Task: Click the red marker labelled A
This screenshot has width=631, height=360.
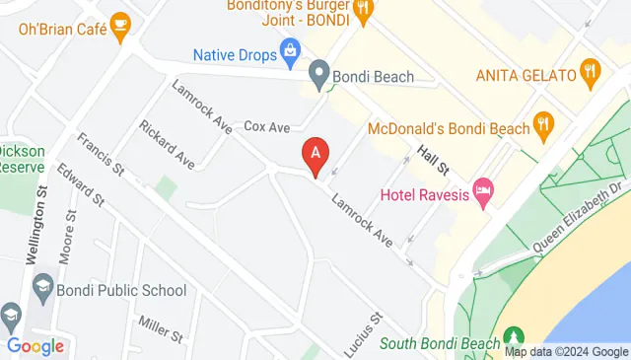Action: click(315, 155)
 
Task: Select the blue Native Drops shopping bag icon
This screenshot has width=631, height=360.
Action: click(291, 49)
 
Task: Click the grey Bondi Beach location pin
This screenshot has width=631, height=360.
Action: click(318, 74)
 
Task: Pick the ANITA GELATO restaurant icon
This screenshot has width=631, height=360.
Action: click(591, 69)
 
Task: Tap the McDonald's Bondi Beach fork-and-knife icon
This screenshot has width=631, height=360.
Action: click(542, 125)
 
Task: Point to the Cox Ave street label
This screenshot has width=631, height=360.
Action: click(266, 127)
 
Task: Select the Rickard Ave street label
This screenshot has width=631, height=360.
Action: click(167, 144)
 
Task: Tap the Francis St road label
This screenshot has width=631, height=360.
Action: click(101, 158)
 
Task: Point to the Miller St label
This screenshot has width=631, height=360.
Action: click(160, 328)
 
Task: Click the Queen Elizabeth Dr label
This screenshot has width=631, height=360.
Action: click(580, 214)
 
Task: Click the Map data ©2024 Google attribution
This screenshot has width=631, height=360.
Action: click(566, 352)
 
